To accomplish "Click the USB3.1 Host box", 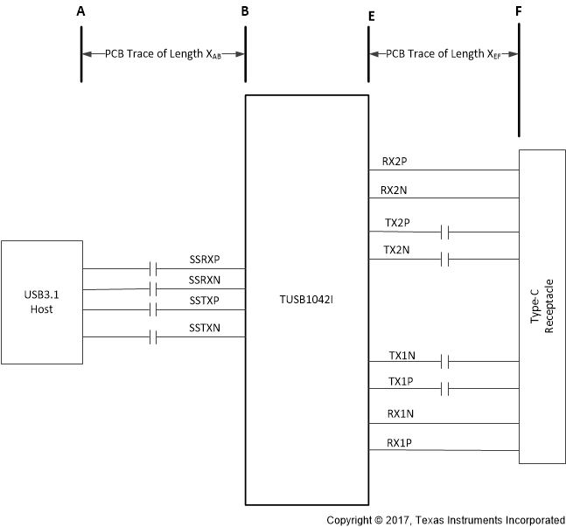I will pos(42,302).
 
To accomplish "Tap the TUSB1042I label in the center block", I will pos(306,301).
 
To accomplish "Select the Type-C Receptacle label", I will pos(540,309).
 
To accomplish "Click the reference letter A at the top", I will pos(81,12).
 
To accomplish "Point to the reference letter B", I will pos(245,12).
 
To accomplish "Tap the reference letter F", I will pos(519,12).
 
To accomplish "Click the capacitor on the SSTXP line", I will pos(153,310).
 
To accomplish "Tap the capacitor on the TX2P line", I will pos(446,232).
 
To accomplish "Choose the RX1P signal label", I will pos(401,442).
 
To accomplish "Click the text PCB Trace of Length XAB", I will pos(163,53).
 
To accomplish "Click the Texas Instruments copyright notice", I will pos(445,519).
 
